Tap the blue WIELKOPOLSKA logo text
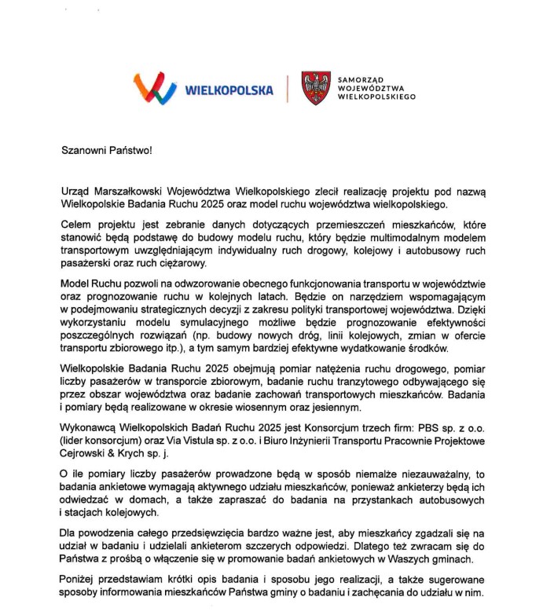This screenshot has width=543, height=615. click(228, 90)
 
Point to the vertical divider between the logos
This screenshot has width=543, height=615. click(288, 88)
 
